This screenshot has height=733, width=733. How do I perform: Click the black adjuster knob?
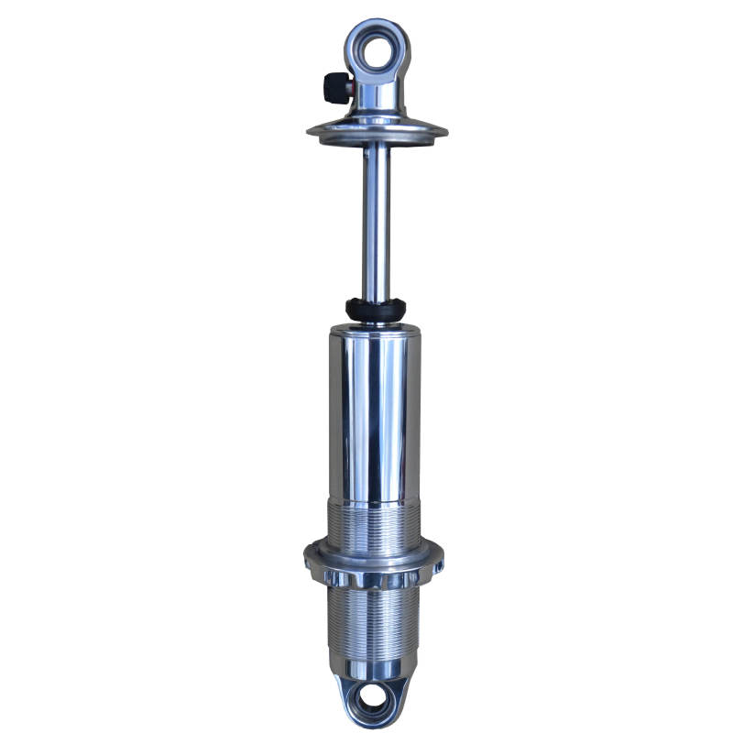335,88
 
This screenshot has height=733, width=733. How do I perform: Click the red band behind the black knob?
350,89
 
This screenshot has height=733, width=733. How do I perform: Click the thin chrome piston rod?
375,220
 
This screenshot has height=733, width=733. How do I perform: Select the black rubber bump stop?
375,309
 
